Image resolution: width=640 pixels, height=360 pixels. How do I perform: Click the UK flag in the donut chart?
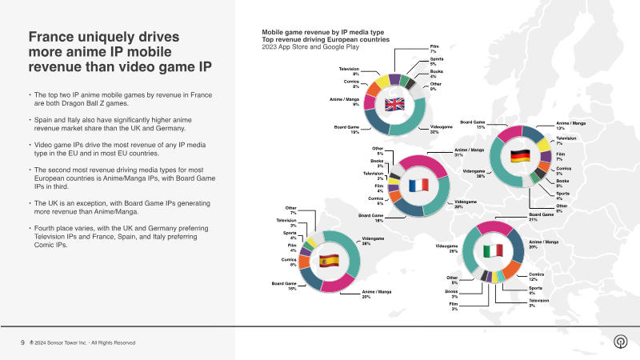click(395, 104)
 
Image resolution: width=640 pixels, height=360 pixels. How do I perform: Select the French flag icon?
click(418, 185)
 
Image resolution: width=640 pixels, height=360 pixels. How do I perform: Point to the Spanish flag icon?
click(329, 260)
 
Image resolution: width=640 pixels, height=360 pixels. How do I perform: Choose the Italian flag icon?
click(493, 250)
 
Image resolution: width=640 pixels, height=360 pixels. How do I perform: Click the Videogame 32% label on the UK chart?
click(442, 130)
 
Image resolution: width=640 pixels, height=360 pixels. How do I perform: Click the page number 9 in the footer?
click(22, 342)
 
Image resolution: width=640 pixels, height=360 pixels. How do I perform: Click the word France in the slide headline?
click(54, 38)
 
